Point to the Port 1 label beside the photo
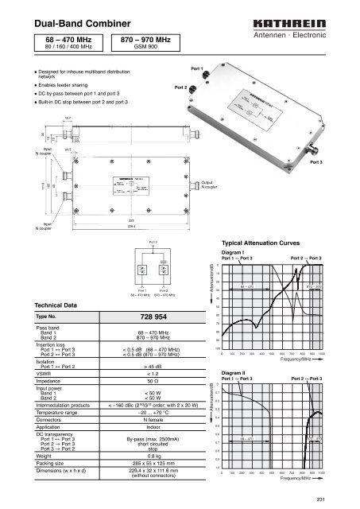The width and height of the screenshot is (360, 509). pos(198,68)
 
